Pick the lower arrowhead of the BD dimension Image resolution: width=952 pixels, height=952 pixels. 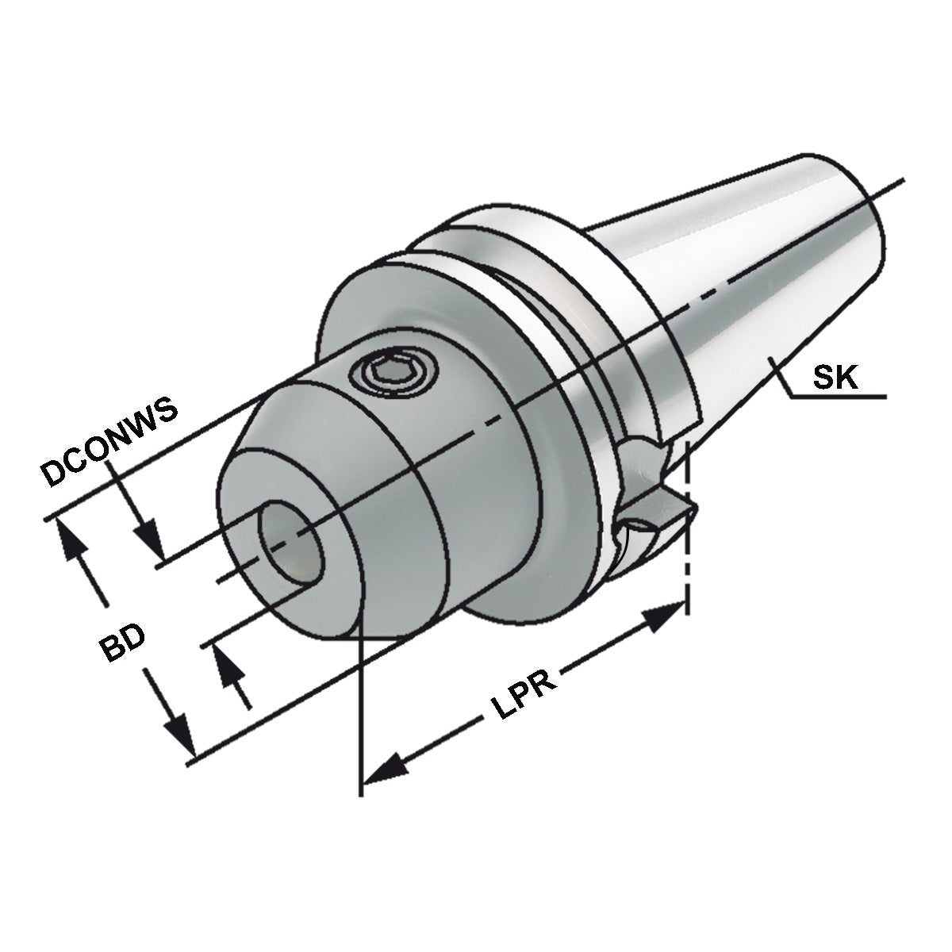click(x=181, y=735)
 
